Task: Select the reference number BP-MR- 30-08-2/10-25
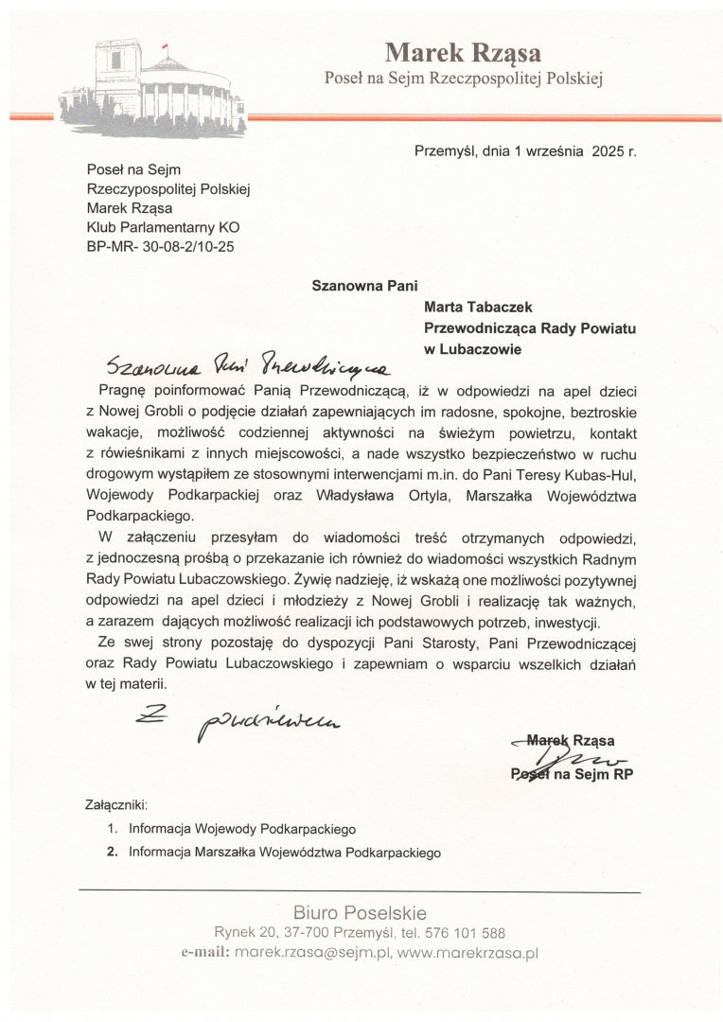click(160, 247)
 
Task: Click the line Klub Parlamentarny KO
click(163, 227)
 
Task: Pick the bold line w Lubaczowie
click(473, 348)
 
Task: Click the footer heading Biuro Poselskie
click(360, 913)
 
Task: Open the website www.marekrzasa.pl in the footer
click(467, 953)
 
